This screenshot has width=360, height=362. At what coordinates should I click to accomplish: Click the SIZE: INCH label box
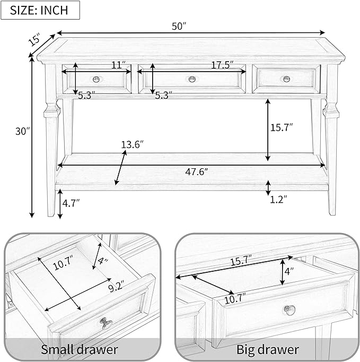tap(40, 10)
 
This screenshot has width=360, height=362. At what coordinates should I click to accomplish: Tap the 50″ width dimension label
tap(179, 27)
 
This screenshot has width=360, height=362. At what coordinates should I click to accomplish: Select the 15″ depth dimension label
tap(34, 39)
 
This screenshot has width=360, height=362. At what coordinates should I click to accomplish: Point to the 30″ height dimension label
tap(23, 131)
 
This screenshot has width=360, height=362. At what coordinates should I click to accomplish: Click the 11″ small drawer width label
tap(119, 65)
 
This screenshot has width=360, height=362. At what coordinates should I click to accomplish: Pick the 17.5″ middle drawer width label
tap(222, 65)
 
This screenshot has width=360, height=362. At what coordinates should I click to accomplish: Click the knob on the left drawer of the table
tap(96, 80)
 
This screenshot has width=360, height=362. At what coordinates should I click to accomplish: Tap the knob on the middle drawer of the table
tap(192, 79)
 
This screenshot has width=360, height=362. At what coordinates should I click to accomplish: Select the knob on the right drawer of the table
tap(286, 79)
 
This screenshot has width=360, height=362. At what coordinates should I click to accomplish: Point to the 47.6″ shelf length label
tap(197, 172)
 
